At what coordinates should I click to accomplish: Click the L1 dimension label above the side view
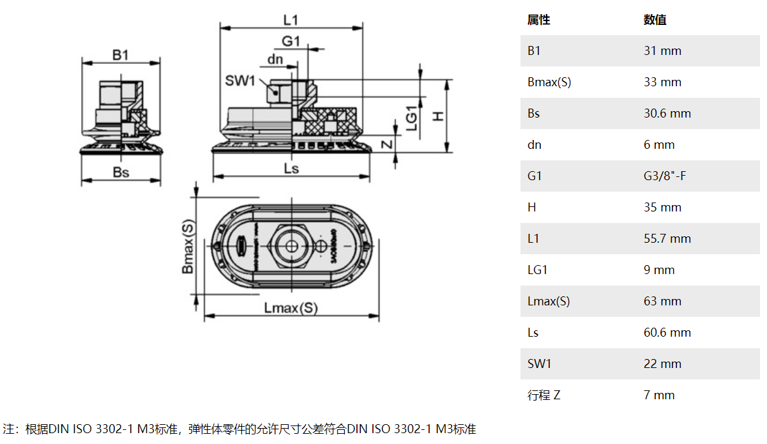(291, 20)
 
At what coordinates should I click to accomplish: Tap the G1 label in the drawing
(291, 41)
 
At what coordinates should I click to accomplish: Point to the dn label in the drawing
(275, 59)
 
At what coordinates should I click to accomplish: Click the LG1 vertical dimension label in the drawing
(412, 118)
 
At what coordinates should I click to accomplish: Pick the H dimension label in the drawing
(438, 116)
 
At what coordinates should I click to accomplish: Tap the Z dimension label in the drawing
(386, 144)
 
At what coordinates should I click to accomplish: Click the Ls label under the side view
(291, 169)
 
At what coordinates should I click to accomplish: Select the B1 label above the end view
(121, 55)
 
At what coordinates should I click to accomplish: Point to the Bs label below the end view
(121, 172)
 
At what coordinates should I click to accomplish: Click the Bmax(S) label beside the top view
(188, 247)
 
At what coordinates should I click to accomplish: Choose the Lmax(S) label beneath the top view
(291, 308)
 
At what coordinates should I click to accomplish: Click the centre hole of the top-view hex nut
(291, 245)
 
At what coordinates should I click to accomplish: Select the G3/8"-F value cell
(665, 176)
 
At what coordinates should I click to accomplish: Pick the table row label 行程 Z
(544, 395)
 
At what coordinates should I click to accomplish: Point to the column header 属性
(539, 20)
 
